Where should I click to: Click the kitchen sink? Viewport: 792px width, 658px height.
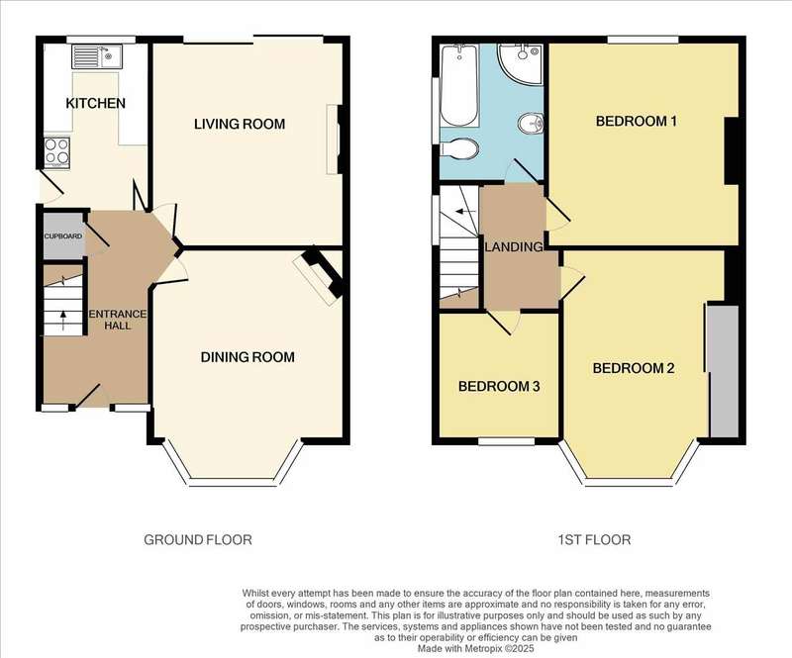point(96,56)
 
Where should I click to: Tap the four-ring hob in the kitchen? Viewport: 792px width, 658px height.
point(56,152)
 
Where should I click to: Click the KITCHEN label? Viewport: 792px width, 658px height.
point(95,104)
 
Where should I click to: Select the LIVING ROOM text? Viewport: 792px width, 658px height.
point(240,124)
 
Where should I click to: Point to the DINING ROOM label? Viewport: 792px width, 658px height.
point(247,357)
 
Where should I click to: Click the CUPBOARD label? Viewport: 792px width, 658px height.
point(63,235)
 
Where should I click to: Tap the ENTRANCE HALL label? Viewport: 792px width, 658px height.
point(117,320)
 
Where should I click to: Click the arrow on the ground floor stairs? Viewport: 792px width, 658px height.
point(63,321)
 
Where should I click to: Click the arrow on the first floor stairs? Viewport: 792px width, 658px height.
point(466,211)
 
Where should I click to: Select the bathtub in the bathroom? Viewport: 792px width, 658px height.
point(459,85)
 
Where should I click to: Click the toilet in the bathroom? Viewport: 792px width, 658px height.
point(459,149)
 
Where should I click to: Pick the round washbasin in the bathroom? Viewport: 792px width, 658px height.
point(531,123)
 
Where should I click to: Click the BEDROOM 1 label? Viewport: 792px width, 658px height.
point(636,121)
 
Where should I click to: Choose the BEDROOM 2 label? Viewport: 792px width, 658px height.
point(634,368)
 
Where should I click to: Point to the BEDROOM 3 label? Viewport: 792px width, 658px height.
point(499,386)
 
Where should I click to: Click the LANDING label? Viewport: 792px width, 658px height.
point(514,247)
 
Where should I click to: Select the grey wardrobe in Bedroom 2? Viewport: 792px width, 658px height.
point(724,371)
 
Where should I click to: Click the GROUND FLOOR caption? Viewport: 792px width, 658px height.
point(198,540)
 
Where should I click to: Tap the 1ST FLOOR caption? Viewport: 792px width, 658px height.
point(594,540)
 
